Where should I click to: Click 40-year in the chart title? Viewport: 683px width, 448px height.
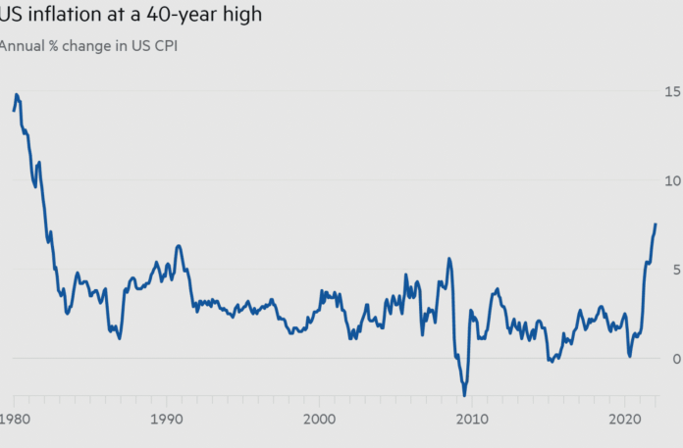pos(172,16)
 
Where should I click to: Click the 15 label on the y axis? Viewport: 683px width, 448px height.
pos(672,91)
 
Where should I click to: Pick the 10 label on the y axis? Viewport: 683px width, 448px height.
pos(672,180)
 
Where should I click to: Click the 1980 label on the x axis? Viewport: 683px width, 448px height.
pos(15,420)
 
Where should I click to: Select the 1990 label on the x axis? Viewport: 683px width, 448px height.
pos(167,420)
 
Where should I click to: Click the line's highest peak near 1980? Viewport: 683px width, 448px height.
pos(17,94)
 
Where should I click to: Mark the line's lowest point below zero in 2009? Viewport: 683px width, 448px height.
pos(464,395)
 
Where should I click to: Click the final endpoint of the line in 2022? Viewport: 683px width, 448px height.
pos(656,224)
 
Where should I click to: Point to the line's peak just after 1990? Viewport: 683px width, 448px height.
pos(179,245)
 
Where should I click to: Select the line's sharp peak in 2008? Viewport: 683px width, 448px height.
pos(449,259)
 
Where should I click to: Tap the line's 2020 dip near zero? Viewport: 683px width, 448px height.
pos(630,356)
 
